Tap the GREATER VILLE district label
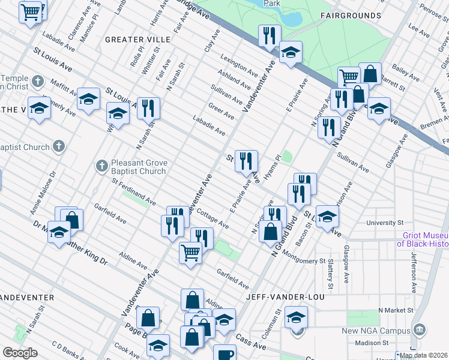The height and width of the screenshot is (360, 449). pyautogui.click(x=138, y=39)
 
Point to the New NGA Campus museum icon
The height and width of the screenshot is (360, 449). pyautogui.click(x=420, y=329)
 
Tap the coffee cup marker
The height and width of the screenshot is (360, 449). pyautogui.click(x=226, y=354)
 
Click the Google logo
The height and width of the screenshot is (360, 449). pyautogui.click(x=20, y=353)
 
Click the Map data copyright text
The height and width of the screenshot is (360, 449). pyautogui.click(x=423, y=355)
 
